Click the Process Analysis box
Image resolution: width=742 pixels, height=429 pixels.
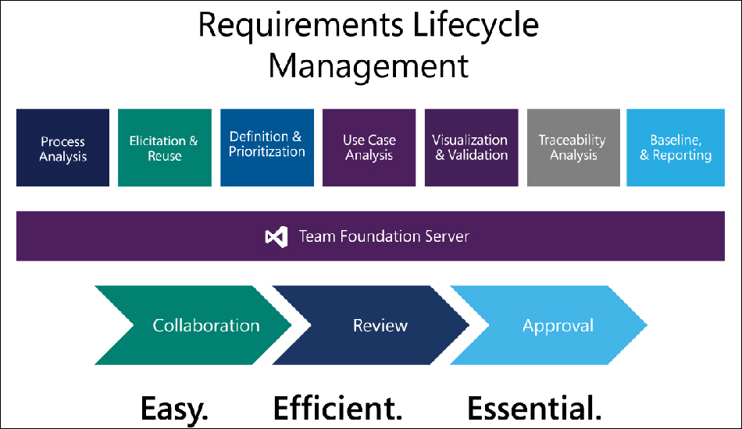[x=63, y=147]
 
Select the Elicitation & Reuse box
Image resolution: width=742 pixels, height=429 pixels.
[x=165, y=147]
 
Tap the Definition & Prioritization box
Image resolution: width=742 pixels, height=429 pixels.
[x=267, y=147]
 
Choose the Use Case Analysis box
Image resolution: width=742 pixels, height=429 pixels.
[x=369, y=147]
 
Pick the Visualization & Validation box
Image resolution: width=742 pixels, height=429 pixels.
[x=471, y=147]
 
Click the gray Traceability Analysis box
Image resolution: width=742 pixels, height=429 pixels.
[x=573, y=147]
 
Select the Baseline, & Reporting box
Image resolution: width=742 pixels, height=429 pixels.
[x=676, y=147]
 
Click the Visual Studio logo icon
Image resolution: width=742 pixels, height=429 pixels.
[x=276, y=236]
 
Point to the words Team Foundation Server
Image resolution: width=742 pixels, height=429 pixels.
[x=383, y=236]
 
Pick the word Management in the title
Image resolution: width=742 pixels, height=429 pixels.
[x=369, y=66]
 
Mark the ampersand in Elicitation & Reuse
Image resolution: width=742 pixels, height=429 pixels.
[x=193, y=140]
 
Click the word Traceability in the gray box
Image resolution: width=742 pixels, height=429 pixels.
[x=572, y=140]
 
